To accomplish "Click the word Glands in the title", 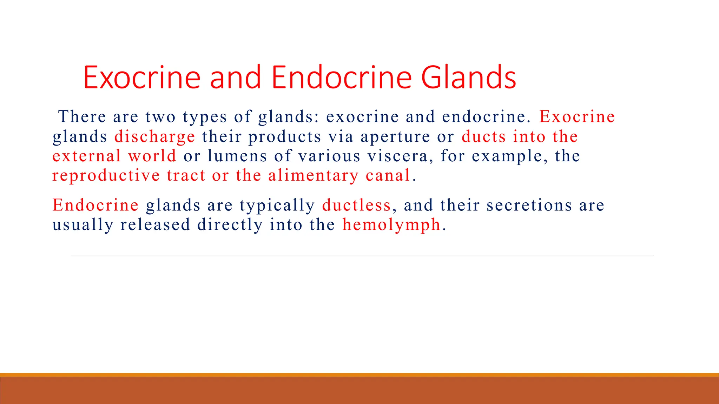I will [468, 78].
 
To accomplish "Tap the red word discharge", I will [154, 136].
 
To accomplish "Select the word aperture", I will [395, 136].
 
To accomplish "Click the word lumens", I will [237, 156].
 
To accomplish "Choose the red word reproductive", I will [106, 175].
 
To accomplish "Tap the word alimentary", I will [313, 175].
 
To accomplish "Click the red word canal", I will [388, 175].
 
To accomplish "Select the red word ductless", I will [356, 205].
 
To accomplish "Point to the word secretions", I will [529, 205].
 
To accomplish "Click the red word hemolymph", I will [391, 225].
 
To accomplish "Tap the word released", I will [155, 225].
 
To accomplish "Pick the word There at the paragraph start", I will [82, 117].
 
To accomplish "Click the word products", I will [285, 137].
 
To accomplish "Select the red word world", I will [152, 156].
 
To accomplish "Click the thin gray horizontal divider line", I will [362, 256].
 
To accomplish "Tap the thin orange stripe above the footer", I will [359, 375].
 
